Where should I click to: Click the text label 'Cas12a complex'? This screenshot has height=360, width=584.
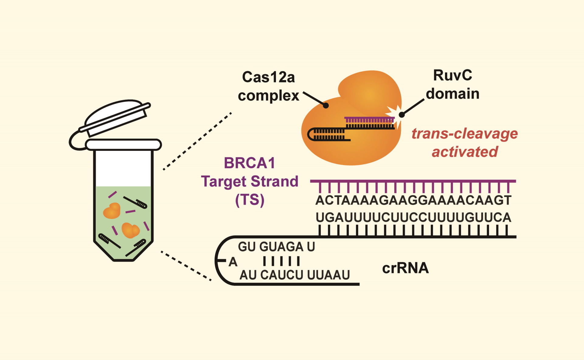click(x=268, y=86)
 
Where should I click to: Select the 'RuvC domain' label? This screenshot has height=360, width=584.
click(x=452, y=85)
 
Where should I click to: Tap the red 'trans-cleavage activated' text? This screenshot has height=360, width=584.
click(x=464, y=142)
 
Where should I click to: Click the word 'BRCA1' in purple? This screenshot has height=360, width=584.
click(x=249, y=163)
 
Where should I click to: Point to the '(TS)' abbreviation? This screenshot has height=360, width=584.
click(x=249, y=200)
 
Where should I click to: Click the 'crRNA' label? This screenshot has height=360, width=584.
click(x=405, y=268)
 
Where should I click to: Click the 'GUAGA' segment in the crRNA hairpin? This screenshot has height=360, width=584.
click(x=281, y=246)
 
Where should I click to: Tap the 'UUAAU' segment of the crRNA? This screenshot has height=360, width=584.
click(x=328, y=275)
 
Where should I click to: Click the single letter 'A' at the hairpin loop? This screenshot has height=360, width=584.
click(x=233, y=262)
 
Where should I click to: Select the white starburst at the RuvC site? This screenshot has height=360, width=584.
click(x=394, y=114)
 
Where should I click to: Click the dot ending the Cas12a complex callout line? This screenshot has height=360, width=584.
click(x=326, y=106)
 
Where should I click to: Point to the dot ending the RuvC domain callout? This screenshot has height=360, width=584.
click(x=402, y=115)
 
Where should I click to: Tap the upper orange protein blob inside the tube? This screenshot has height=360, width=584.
click(x=112, y=211)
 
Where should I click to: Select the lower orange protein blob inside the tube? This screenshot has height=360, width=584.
click(x=131, y=230)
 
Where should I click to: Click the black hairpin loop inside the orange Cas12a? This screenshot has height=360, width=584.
click(x=311, y=135)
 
